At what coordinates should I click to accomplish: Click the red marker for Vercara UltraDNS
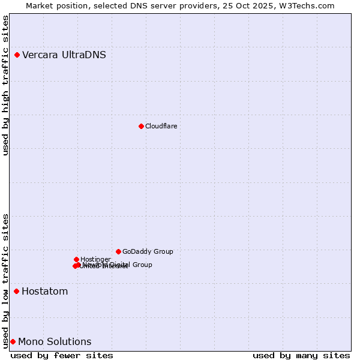(17, 55)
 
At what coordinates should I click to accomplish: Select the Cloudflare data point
(141, 126)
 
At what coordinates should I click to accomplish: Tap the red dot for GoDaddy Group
(118, 251)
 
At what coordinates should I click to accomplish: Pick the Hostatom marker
(16, 292)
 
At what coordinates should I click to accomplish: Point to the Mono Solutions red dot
(13, 342)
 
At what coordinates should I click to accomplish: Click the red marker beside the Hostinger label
(76, 259)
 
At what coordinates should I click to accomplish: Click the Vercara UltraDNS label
(64, 55)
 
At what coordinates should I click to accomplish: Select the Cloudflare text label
(161, 126)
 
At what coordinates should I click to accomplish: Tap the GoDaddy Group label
(148, 251)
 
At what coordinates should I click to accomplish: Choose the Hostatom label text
(44, 292)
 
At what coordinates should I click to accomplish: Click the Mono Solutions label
(55, 342)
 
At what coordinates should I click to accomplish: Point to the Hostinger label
(95, 259)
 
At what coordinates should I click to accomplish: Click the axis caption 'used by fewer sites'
(62, 355)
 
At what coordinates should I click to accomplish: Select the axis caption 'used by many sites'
(301, 355)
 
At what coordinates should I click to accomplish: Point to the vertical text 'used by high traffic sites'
(5, 85)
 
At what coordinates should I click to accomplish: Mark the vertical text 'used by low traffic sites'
(5, 280)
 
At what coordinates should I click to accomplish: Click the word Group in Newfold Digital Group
(142, 265)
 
